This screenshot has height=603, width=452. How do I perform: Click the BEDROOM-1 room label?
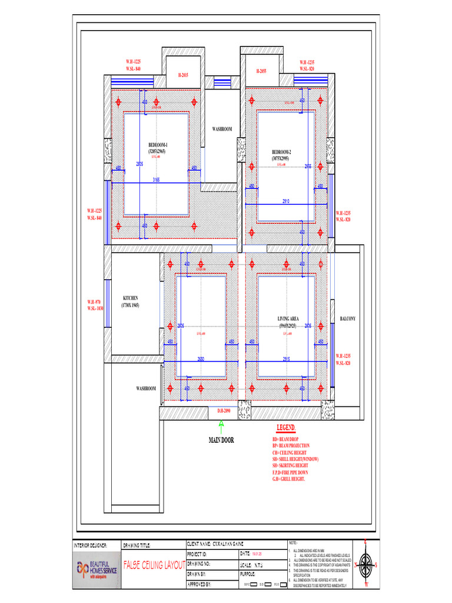click(158, 145)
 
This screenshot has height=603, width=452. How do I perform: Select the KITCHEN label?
click(130, 298)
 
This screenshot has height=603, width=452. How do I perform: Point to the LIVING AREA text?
click(288, 319)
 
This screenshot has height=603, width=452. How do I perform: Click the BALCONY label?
click(348, 319)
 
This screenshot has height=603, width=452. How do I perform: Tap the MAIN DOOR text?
click(221, 440)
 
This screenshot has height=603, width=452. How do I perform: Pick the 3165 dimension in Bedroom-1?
click(157, 179)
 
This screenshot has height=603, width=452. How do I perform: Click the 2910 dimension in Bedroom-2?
click(286, 201)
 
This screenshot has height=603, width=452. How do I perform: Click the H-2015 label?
click(183, 75)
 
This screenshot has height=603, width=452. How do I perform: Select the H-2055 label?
click(261, 71)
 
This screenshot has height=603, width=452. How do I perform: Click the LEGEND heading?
click(286, 428)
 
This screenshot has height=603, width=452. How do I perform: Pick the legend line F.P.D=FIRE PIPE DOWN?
click(290, 472)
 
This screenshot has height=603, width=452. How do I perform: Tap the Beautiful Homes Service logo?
click(94, 568)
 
